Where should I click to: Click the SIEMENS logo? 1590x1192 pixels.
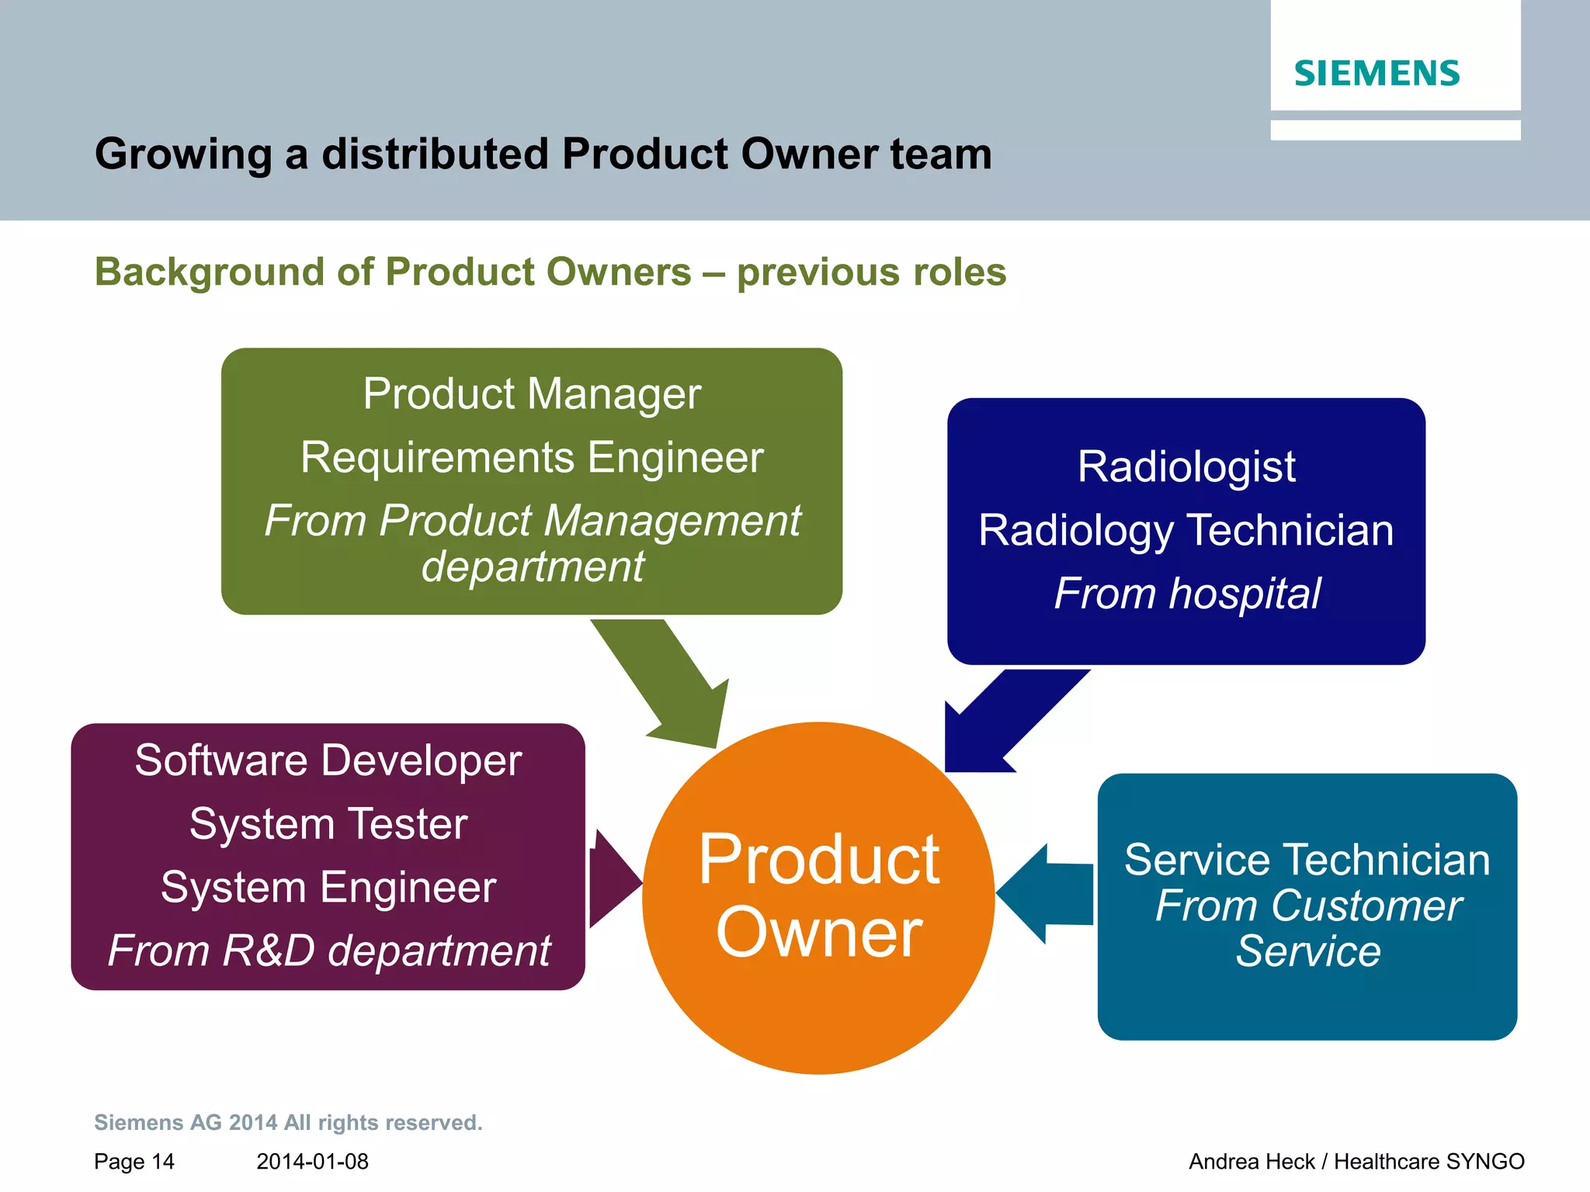1376,74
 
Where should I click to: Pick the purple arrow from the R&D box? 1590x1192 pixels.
613,881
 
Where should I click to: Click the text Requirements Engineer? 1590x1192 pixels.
532,457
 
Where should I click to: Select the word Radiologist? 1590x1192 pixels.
1186,467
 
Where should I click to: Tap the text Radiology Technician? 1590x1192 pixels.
1186,531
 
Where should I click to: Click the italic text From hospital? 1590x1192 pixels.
1186,594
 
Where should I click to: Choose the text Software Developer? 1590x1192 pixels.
328,761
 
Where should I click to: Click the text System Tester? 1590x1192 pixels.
328,824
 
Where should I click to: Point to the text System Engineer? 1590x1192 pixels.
328,888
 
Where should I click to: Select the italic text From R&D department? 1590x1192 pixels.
328,951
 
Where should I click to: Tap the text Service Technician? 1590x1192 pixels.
1307,861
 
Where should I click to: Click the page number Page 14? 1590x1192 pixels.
134,1162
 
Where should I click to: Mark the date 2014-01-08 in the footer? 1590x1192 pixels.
312,1162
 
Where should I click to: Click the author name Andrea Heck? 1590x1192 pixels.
1252,1162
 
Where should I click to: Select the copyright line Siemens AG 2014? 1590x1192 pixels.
287,1123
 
